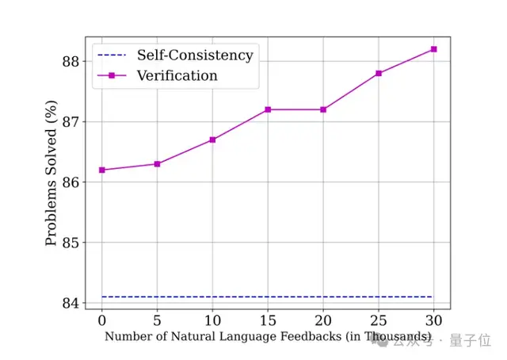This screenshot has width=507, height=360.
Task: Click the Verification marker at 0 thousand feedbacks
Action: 101,170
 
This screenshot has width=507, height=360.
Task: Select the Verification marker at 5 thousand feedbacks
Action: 157,164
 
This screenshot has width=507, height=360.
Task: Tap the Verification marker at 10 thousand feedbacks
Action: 212,140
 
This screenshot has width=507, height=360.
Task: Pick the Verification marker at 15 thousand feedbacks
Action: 268,109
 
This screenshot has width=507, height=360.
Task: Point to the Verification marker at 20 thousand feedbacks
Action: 323,109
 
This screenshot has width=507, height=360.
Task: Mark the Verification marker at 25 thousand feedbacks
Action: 379,73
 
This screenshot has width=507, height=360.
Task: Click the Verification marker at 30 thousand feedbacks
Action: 434,49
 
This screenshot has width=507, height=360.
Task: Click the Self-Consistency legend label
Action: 195,56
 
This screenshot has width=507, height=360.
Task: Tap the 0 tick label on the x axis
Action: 101,320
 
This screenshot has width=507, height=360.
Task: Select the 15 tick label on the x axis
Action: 268,320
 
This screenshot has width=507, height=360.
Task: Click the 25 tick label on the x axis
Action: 379,320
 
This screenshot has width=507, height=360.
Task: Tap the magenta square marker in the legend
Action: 112,76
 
